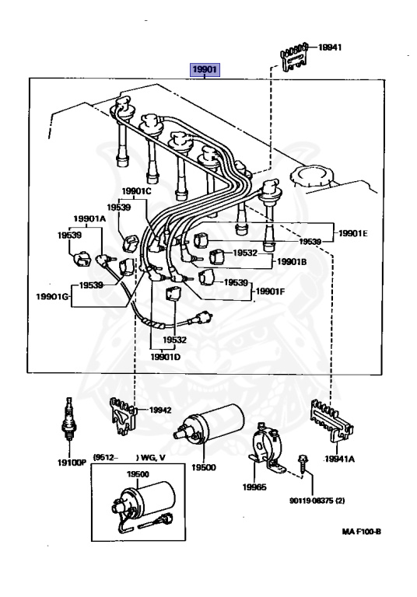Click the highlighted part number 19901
205,70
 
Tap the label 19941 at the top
330,47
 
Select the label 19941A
340,459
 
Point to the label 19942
160,410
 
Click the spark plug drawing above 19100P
68,419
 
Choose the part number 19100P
72,463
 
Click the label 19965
254,487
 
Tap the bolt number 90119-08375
311,501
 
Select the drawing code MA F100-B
361,532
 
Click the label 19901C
136,191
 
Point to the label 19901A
89,218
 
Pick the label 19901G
53,296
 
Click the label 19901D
166,357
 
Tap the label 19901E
353,233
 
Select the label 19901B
292,262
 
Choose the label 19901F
270,292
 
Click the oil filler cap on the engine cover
310,176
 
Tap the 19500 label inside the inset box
138,474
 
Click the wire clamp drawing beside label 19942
123,416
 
